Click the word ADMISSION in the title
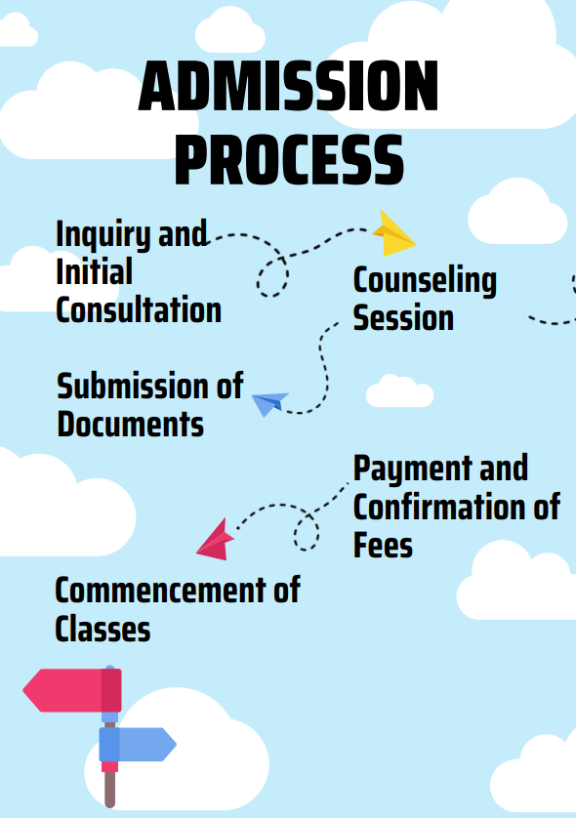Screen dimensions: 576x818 point(289,86)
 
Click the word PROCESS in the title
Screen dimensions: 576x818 point(289,160)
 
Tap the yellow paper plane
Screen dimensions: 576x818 point(393,233)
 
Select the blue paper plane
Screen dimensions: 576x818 point(269,403)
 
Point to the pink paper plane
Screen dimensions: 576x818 point(216,541)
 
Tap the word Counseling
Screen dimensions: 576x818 point(425,281)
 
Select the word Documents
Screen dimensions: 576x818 point(131,424)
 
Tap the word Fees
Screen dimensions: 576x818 point(383,545)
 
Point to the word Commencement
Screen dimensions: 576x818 point(161,590)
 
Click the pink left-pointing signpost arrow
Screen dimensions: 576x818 point(72,690)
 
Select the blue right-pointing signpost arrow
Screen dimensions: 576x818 point(138,745)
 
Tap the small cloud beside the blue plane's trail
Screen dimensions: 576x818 point(399,390)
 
